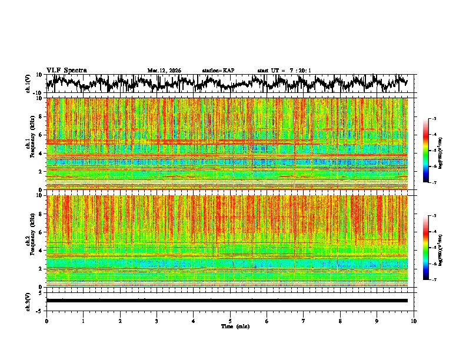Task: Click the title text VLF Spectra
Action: [x=66, y=70]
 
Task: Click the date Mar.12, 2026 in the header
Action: [x=164, y=71]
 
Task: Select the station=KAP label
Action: [x=218, y=71]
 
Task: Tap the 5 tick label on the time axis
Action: [x=230, y=321]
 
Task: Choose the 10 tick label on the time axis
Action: [x=414, y=321]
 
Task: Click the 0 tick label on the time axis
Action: [x=46, y=321]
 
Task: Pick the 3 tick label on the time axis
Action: [x=157, y=321]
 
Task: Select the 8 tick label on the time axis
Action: [x=340, y=321]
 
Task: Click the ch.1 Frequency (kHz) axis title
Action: [x=29, y=144]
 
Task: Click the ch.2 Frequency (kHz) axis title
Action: [x=29, y=241]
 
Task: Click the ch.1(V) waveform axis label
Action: [x=29, y=84]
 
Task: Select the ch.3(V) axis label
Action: [x=29, y=301]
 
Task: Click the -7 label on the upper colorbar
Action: [x=435, y=183]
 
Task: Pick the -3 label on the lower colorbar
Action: [x=435, y=216]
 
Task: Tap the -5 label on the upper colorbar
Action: [x=435, y=151]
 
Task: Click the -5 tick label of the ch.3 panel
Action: [x=40, y=309]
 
